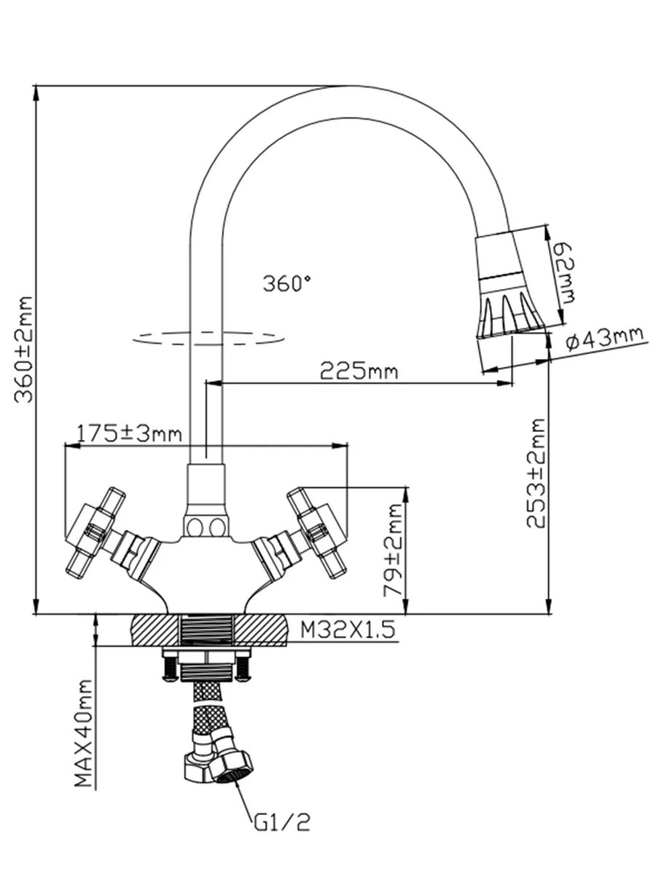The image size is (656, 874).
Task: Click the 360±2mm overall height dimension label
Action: click(x=23, y=349)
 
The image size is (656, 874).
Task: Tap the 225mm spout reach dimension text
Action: click(x=359, y=371)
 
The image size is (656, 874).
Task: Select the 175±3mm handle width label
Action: click(x=129, y=433)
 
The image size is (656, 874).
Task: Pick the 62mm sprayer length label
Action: click(x=563, y=273)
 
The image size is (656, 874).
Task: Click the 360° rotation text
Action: click(x=286, y=283)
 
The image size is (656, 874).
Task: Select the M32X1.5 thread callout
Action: click(x=348, y=629)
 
